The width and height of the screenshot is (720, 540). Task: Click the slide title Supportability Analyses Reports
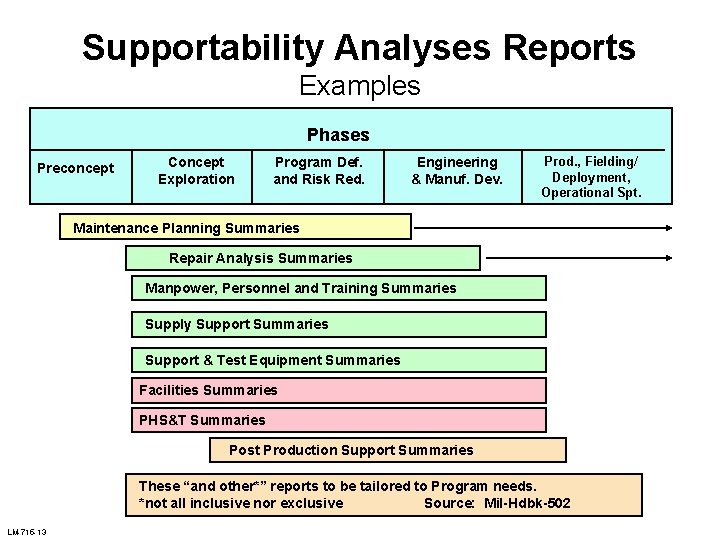(x=358, y=47)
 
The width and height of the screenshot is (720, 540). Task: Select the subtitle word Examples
(x=360, y=86)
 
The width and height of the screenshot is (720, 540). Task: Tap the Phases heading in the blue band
(x=338, y=135)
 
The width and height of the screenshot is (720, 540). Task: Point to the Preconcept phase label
(x=76, y=168)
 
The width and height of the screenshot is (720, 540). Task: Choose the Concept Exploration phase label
(x=196, y=170)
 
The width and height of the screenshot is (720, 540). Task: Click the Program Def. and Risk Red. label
(x=319, y=170)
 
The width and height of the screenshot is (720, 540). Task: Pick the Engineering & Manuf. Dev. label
(x=457, y=170)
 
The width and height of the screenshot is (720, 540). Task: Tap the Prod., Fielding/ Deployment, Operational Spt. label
(x=591, y=176)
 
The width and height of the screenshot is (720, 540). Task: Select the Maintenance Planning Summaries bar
(x=236, y=228)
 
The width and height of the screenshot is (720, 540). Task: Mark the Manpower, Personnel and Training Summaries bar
(x=340, y=288)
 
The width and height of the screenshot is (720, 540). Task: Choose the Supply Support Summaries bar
(x=340, y=324)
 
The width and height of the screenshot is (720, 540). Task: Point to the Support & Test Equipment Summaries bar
(x=340, y=360)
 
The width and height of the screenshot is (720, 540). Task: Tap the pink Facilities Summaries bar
(x=340, y=390)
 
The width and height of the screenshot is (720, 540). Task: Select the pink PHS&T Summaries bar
(x=340, y=420)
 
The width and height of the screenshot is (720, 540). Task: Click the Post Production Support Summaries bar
(x=388, y=450)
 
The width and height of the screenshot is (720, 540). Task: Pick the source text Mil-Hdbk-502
(x=527, y=503)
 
